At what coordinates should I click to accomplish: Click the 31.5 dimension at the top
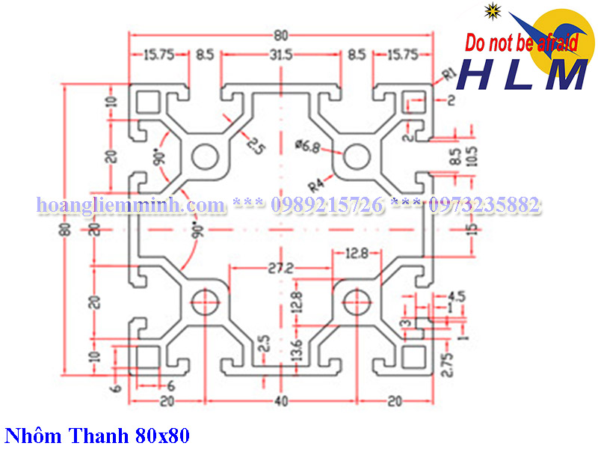click(x=280, y=55)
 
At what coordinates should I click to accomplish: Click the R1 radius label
click(x=449, y=73)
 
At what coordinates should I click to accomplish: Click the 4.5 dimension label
click(x=457, y=295)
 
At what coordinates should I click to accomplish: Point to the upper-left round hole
click(x=203, y=157)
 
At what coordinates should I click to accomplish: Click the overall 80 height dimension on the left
click(x=66, y=229)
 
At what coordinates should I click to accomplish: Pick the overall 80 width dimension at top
click(x=280, y=34)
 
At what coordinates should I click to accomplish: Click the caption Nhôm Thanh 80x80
click(x=97, y=435)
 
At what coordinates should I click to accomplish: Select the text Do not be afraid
click(x=522, y=43)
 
